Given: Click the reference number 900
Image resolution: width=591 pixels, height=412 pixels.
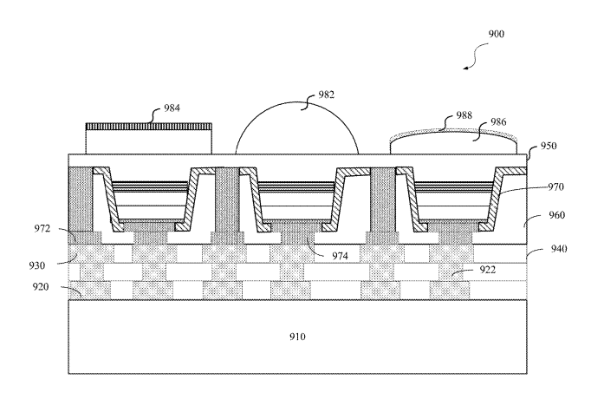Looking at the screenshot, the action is (x=496, y=34).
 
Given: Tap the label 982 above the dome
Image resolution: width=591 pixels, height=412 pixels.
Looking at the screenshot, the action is (x=326, y=95).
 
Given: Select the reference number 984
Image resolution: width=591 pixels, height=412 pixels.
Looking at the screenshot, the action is (x=172, y=108).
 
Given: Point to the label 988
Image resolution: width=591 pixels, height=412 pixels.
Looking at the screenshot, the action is (x=464, y=115).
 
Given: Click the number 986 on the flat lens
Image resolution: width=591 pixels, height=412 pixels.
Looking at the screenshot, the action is (x=498, y=121).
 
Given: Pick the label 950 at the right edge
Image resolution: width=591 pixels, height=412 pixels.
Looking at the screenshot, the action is (x=549, y=146).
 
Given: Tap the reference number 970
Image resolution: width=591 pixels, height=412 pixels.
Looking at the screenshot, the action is (x=555, y=186).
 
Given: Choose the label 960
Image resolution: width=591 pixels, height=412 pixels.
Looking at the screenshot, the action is (x=556, y=215).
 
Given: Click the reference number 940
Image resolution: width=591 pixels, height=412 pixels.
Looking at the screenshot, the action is (x=559, y=249).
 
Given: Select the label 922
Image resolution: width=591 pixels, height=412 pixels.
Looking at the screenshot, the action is (x=487, y=270).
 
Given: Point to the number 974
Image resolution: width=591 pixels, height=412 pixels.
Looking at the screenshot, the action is (x=340, y=256).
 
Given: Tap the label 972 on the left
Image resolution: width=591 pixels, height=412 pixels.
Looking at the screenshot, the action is (x=42, y=229).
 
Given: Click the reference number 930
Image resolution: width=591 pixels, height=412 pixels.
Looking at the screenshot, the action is (x=37, y=265).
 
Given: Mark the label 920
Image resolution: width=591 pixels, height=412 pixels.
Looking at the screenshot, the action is (x=41, y=287).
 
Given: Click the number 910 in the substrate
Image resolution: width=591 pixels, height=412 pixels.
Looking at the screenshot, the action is (x=297, y=337).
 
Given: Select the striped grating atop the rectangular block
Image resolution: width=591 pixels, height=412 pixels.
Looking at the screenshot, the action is (x=149, y=127).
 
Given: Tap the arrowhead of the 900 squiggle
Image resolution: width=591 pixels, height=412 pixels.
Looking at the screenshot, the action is (x=466, y=69).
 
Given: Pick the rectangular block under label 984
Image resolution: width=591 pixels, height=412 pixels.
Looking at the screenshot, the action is (x=149, y=142).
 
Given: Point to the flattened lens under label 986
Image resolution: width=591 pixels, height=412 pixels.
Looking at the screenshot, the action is (x=453, y=143).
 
